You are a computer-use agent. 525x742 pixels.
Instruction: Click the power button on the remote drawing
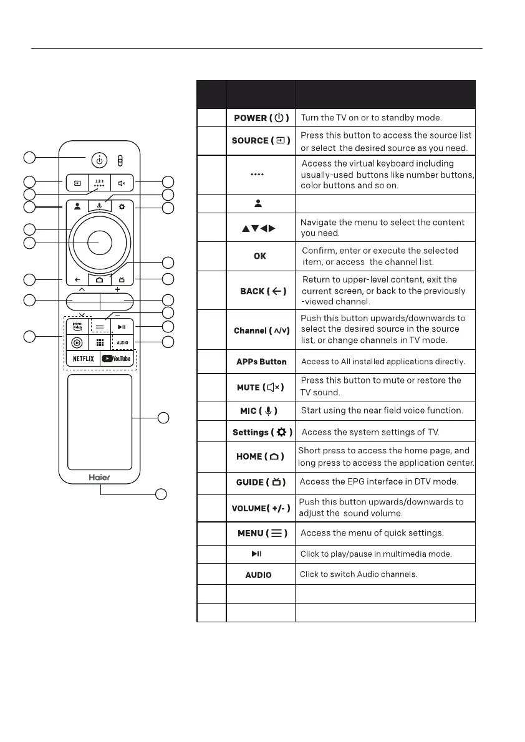(99, 160)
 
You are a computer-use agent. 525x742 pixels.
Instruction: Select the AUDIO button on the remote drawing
(122, 342)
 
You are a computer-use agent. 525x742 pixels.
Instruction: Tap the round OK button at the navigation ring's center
(99, 242)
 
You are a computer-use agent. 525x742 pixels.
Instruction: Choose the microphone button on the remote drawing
(99, 206)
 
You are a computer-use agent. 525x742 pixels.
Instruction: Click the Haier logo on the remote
(99, 473)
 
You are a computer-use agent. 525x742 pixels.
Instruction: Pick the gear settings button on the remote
(122, 206)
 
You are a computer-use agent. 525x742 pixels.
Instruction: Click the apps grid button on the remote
(99, 342)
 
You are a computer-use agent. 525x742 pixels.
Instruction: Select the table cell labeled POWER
(261, 118)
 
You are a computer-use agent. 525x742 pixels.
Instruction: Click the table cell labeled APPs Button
(261, 362)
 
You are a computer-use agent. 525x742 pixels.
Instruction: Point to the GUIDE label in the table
(261, 482)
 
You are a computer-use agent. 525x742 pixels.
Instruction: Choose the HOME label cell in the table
(261, 456)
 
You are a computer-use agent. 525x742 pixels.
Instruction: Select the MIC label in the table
(261, 411)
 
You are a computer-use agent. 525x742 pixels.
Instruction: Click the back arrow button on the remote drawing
(76, 280)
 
